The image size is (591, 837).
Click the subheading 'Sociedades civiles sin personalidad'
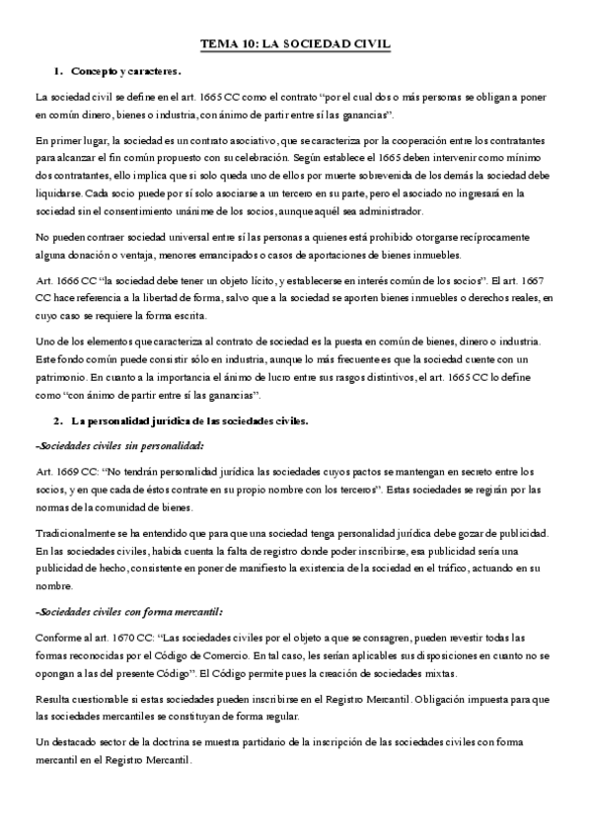click(119, 445)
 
